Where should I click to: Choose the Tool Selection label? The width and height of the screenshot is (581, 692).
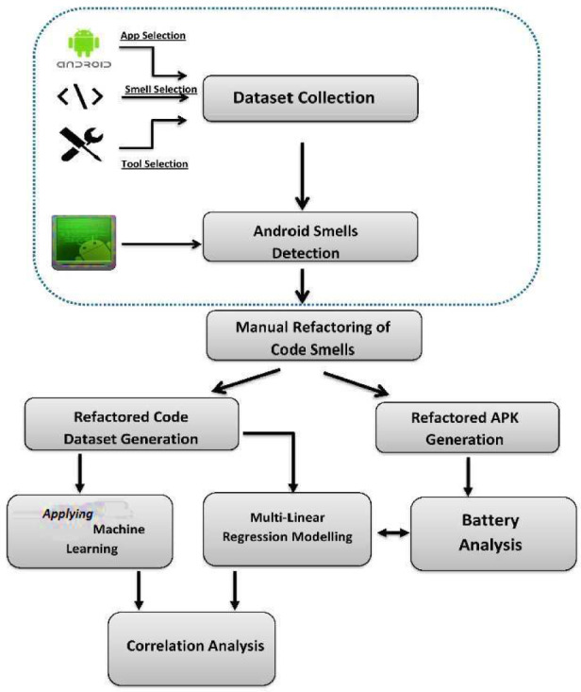pyautogui.click(x=155, y=163)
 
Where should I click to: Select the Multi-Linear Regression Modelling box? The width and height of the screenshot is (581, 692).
pyautogui.click(x=288, y=530)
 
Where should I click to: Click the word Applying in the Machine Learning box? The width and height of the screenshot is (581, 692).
pyautogui.click(x=70, y=517)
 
